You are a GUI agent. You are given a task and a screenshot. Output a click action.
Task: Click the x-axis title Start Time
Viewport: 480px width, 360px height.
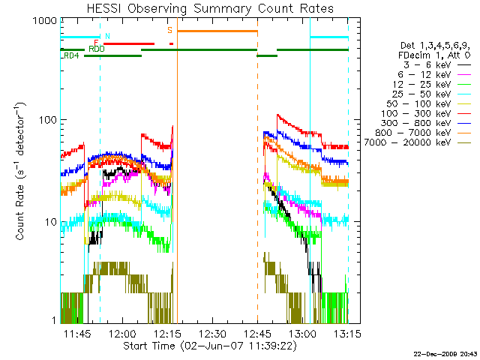(203, 346)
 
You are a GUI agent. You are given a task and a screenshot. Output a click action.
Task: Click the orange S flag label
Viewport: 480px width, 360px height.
(170, 30)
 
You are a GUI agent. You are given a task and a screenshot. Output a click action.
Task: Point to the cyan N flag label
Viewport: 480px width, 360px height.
(107, 35)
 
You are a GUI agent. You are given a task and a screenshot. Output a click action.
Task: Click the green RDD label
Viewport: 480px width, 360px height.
(96, 49)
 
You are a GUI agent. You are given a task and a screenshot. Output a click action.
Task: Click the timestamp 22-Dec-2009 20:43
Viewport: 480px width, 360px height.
(445, 352)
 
